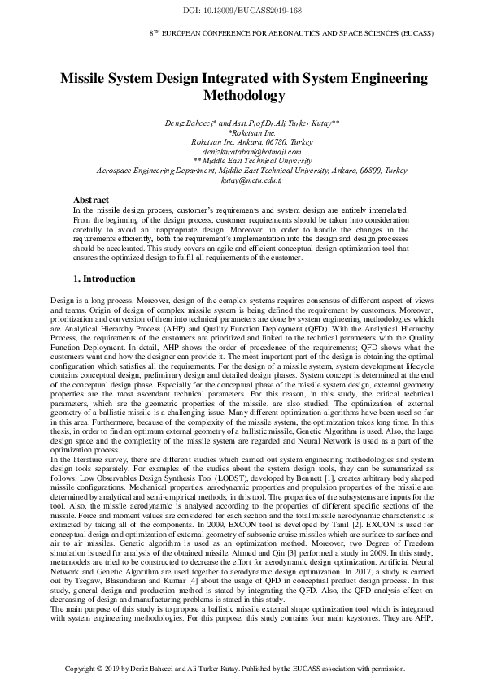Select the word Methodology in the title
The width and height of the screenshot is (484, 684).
pos(242,95)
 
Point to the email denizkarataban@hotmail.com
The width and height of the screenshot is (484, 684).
pos(241,151)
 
